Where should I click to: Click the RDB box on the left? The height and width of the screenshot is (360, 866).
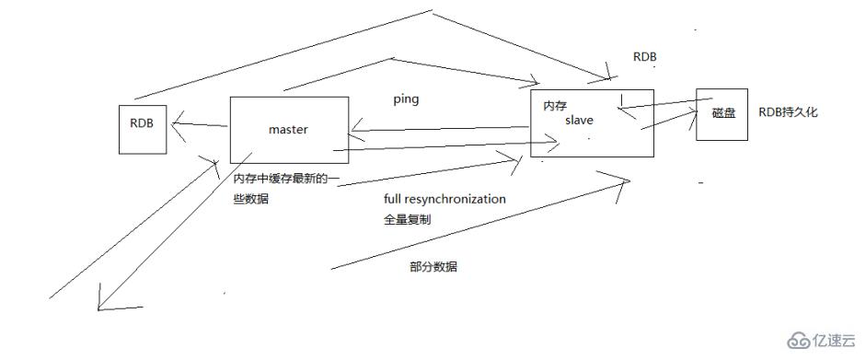142,130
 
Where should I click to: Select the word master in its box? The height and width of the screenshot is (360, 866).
288,130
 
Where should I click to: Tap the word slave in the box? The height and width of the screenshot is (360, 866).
580,121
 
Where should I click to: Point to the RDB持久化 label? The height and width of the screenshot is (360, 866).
787,112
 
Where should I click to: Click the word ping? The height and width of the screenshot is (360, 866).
405,99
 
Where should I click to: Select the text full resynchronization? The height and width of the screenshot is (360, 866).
445,199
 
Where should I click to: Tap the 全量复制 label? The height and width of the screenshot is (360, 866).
408,221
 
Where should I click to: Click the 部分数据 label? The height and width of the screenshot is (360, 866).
433,266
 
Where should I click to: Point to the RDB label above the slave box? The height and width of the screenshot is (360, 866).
644,57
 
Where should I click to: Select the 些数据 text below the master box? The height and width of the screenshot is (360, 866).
251,200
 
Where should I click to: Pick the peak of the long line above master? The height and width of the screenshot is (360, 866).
431,11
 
